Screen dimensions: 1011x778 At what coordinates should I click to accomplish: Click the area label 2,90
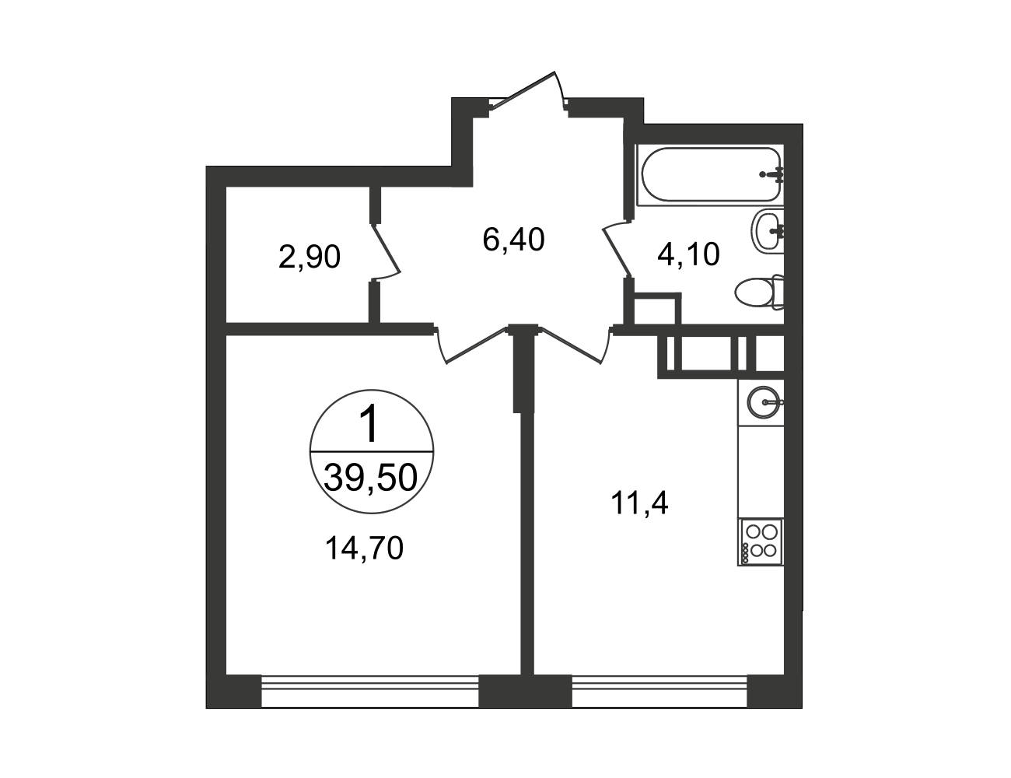[x=310, y=258]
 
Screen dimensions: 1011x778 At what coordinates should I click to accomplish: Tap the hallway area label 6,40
[x=513, y=240]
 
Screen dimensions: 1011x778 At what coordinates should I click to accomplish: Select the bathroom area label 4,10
[x=688, y=254]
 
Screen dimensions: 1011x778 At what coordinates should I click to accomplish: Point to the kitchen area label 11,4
[x=641, y=503]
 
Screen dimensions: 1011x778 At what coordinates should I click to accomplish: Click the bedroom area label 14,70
[x=364, y=548]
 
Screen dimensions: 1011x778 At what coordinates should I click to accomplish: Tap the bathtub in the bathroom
[x=710, y=174]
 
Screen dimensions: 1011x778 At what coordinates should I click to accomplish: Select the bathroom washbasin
[x=768, y=230]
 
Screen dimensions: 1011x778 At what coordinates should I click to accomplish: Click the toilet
[x=760, y=293]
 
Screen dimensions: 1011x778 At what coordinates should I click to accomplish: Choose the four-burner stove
[x=761, y=542]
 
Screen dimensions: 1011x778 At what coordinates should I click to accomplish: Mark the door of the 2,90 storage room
[x=386, y=251]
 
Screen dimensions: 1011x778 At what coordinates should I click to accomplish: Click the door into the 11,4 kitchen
[x=574, y=345]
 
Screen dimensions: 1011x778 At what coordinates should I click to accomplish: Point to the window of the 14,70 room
[x=370, y=692]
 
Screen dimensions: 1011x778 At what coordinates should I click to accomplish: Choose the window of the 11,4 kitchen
[x=659, y=692]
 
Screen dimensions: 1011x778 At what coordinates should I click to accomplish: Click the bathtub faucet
[x=772, y=174]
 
